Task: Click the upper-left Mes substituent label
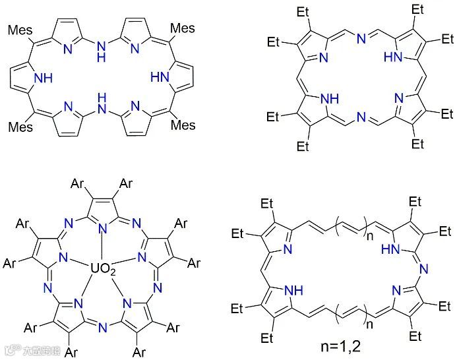click(x=20, y=30)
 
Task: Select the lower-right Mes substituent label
click(x=182, y=124)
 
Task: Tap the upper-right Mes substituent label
click(x=182, y=30)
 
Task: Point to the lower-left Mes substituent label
click(x=20, y=124)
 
